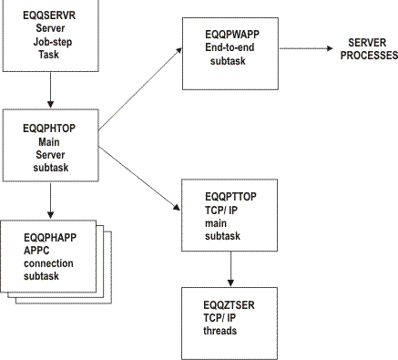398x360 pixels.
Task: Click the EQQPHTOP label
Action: coord(47,129)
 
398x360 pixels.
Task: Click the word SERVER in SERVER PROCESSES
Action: coord(363,43)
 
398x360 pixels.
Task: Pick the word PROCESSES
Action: coord(368,55)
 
